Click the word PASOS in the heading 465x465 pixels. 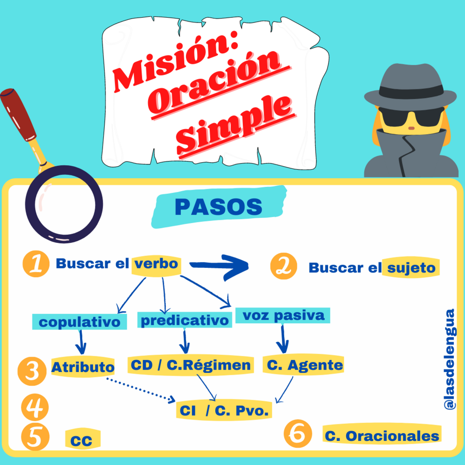pyautogui.click(x=218, y=207)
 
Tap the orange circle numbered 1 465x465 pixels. pyautogui.click(x=36, y=264)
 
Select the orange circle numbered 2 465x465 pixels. pyautogui.click(x=284, y=266)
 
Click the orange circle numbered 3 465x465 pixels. pyautogui.click(x=32, y=371)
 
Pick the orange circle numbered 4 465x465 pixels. pyautogui.click(x=35, y=407)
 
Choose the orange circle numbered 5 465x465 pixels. pyautogui.click(x=35, y=437)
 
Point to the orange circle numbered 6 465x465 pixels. pyautogui.click(x=298, y=434)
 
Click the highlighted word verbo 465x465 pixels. pyautogui.click(x=156, y=264)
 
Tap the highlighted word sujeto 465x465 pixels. pyautogui.click(x=411, y=268)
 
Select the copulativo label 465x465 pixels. pyautogui.click(x=80, y=322)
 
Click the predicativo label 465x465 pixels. pyautogui.click(x=185, y=320)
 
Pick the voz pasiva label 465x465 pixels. pyautogui.click(x=284, y=316)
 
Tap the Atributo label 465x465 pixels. pyautogui.click(x=83, y=367)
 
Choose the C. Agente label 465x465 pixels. pyautogui.click(x=305, y=365)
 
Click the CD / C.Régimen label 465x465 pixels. pyautogui.click(x=191, y=365)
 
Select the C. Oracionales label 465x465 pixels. pyautogui.click(x=382, y=436)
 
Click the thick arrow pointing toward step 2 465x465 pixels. pyautogui.click(x=219, y=267)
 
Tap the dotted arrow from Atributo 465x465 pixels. pyautogui.click(x=141, y=390)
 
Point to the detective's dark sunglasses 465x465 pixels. pyautogui.click(x=412, y=117)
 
